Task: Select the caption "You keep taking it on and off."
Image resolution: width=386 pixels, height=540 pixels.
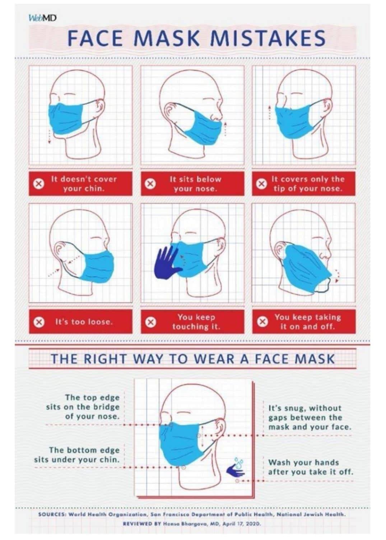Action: click(x=308, y=322)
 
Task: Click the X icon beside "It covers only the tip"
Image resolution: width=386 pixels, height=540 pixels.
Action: click(x=261, y=184)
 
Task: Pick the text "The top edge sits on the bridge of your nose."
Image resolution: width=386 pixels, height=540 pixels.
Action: click(x=83, y=407)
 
